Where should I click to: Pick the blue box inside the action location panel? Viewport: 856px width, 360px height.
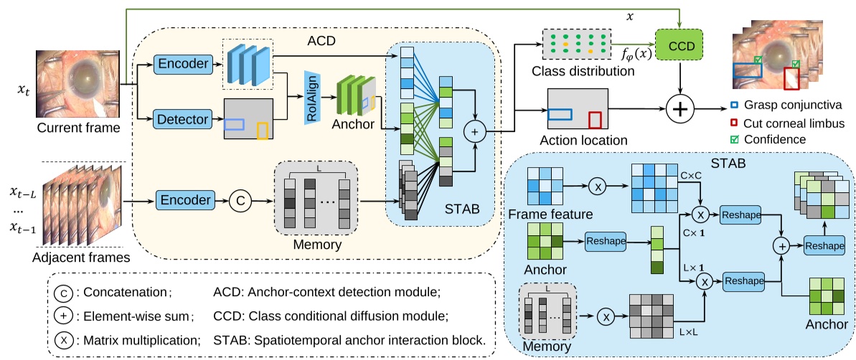click(560, 113)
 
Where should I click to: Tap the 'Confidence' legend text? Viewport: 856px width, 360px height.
click(778, 138)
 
